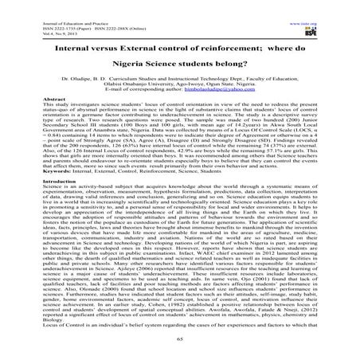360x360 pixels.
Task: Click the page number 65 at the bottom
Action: (179, 348)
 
